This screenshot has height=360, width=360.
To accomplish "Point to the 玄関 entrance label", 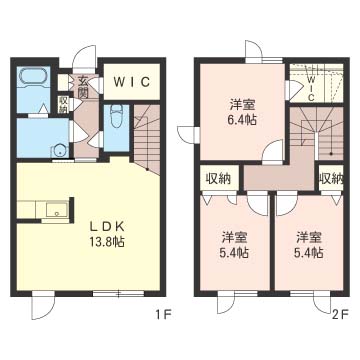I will coord(84,88).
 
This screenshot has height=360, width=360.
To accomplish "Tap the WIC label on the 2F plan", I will coord(311,86).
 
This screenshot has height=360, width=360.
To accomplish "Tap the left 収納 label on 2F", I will coord(217,178).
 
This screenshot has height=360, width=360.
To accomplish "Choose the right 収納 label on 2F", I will coord(330,178).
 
